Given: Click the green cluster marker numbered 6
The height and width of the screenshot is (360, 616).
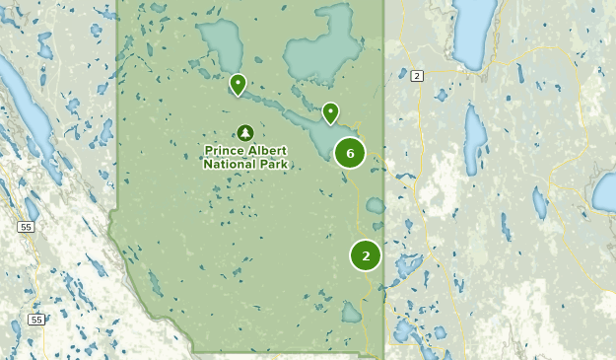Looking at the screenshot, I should click(x=350, y=153).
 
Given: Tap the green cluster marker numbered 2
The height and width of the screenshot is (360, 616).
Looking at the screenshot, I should click(x=366, y=255).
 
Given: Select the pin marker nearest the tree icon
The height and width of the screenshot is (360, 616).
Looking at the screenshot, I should click(x=238, y=85).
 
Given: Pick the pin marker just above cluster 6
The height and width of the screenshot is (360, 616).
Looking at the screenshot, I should click(x=330, y=112).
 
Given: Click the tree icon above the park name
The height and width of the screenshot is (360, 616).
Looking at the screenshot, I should click(x=245, y=132).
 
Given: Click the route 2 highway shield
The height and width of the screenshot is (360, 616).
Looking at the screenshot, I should click(x=417, y=76).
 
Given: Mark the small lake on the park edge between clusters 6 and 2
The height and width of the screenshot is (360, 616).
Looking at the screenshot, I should click(x=376, y=205).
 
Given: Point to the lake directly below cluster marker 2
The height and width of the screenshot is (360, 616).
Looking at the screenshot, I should click(x=352, y=313).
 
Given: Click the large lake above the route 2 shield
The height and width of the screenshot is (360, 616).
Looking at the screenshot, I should click(x=473, y=30).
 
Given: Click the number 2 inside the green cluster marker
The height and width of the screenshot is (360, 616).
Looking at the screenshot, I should click(x=366, y=255).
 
